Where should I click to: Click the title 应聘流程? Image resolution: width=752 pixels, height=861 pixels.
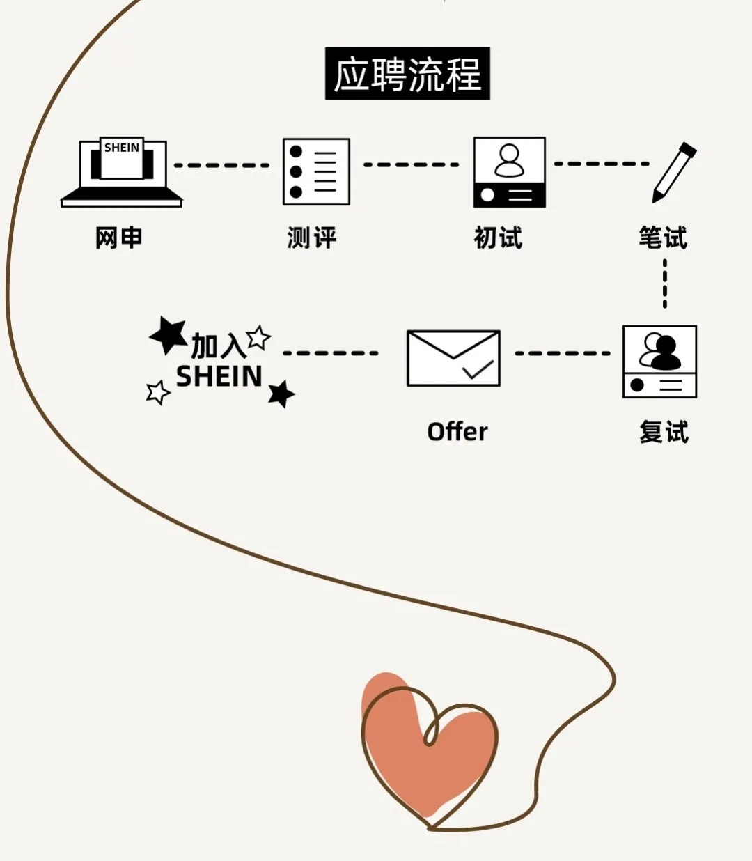tap(407, 74)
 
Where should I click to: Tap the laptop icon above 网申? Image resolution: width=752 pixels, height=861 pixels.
tap(122, 172)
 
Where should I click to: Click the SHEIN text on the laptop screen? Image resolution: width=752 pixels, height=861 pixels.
tap(122, 148)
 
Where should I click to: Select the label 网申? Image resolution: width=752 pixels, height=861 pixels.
tap(119, 238)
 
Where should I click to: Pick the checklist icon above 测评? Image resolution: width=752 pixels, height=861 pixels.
tap(316, 171)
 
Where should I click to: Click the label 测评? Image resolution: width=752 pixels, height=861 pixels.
tap(312, 238)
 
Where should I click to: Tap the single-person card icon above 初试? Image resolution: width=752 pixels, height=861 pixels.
tap(509, 172)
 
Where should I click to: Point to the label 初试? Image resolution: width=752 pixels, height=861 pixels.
tap(498, 238)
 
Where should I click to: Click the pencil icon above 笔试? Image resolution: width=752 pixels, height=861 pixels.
tap(673, 172)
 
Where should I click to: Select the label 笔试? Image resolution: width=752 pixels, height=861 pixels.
tap(663, 238)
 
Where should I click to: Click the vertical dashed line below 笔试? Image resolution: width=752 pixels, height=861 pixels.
tap(665, 284)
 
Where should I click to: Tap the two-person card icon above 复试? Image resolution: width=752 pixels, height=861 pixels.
tap(659, 361)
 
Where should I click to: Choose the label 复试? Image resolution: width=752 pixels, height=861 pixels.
tap(664, 432)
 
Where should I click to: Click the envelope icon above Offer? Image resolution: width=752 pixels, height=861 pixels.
tap(453, 358)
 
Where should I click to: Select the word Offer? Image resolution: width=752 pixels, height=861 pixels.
tap(457, 432)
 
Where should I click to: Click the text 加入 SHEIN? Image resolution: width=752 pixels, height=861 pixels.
tap(219, 361)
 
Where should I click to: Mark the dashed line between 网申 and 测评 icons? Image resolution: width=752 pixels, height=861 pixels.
tap(221, 165)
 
